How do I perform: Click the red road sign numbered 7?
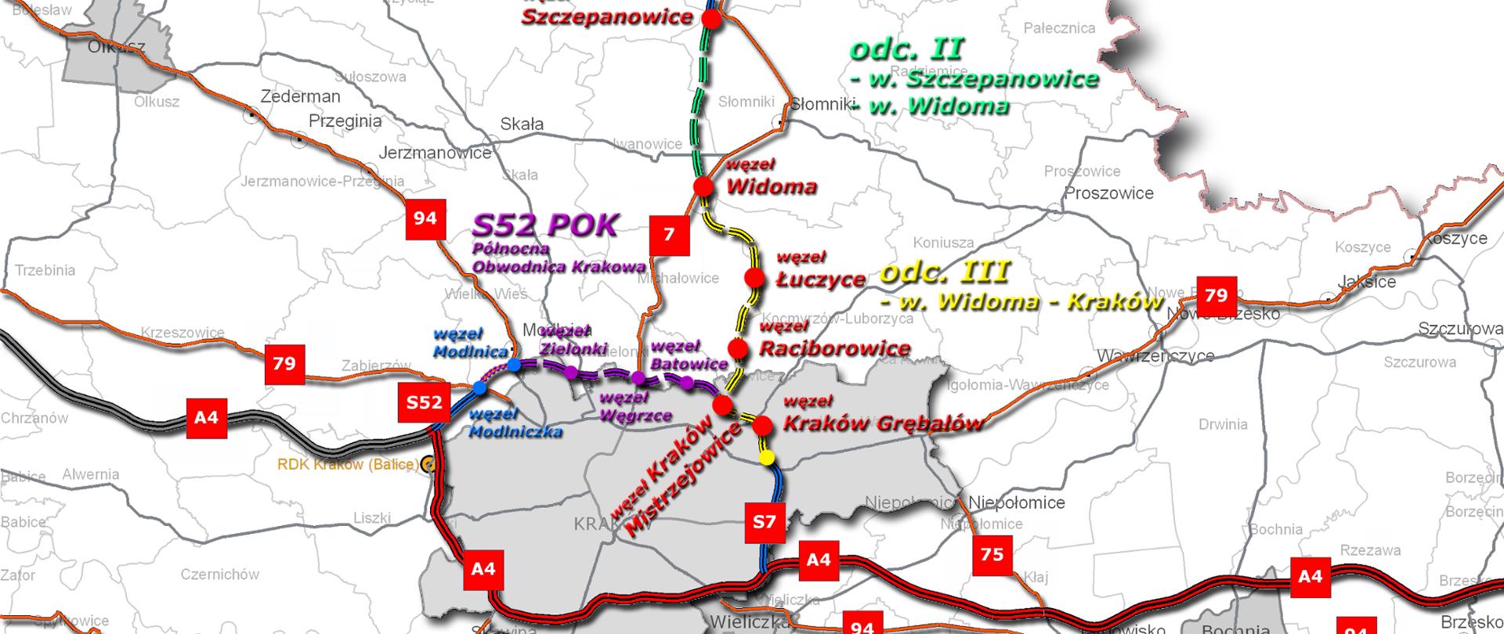point(669,235)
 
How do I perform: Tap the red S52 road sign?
point(424,402)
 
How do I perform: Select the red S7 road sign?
point(764,521)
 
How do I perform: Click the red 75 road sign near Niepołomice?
point(992,554)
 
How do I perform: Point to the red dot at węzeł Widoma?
point(703,186)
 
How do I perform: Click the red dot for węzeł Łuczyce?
point(754,277)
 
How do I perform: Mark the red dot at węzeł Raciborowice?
point(737,348)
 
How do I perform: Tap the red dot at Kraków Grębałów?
point(761,426)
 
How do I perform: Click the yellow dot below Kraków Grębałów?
point(767,457)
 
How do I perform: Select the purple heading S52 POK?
point(545,225)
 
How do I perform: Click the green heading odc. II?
point(906,49)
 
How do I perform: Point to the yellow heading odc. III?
point(945,272)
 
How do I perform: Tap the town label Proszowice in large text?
point(1108,193)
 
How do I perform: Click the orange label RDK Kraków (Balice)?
point(347,464)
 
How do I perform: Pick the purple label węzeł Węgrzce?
point(634,407)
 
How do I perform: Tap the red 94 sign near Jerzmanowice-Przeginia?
point(425,218)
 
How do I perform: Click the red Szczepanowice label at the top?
point(607,16)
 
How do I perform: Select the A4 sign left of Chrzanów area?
point(206,417)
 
